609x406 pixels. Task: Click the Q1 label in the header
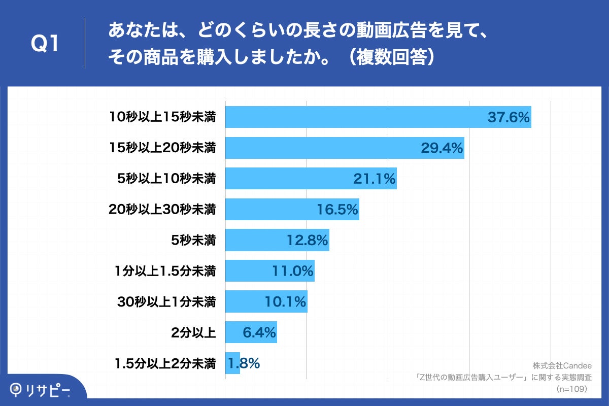(x=46, y=45)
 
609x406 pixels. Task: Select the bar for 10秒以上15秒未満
(x=355, y=117)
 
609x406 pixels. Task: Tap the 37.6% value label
(x=509, y=117)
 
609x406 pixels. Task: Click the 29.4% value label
(x=442, y=148)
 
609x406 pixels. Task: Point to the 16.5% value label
(x=337, y=210)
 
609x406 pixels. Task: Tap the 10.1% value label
(x=285, y=302)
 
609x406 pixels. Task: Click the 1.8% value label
(x=244, y=363)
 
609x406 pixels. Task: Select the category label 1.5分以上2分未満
(x=165, y=363)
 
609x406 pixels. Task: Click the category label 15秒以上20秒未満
(x=162, y=148)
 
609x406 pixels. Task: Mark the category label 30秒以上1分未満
(x=166, y=302)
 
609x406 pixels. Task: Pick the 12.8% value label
(x=308, y=240)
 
